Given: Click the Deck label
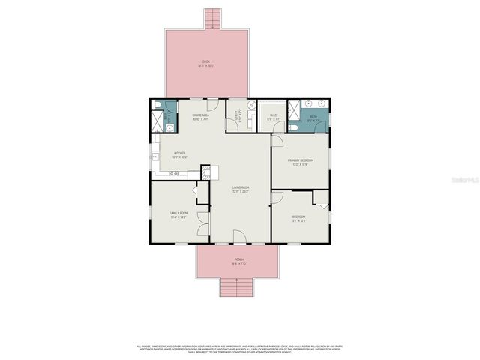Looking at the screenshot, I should (205, 63).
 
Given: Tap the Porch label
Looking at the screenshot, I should (238, 262).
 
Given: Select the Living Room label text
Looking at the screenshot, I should (240, 190).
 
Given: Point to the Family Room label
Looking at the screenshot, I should (178, 215).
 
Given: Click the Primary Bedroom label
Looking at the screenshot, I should (301, 162).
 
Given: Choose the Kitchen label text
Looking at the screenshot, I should (179, 155).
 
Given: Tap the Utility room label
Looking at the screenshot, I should (237, 116).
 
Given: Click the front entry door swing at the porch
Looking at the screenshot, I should (239, 237).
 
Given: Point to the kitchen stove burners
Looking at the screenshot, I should (174, 174).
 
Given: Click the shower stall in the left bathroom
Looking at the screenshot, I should (158, 120).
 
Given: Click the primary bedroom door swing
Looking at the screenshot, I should (277, 140).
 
